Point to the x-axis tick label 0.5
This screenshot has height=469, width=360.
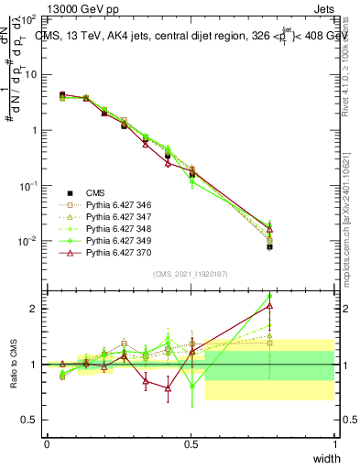point(191,443)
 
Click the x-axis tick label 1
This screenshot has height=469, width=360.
point(334,443)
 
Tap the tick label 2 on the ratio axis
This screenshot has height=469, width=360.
point(35,309)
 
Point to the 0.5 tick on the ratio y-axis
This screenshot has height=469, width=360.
point(29,420)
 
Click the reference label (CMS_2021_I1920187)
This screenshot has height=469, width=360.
point(190,274)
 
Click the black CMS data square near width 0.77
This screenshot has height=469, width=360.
point(269,246)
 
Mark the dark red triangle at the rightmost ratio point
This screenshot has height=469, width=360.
point(269,306)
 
